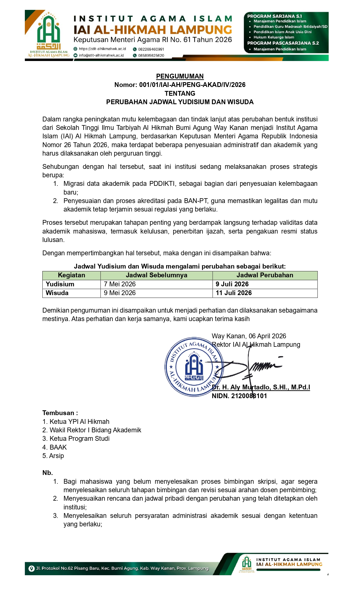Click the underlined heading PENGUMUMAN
point(180,76)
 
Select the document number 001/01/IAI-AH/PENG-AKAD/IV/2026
point(192,85)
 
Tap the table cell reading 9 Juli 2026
point(232,284)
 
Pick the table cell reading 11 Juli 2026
point(234,293)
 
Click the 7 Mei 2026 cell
point(120,284)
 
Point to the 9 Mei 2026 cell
point(120,293)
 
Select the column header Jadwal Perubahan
point(265,275)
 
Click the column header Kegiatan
point(71,275)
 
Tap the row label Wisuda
point(57,293)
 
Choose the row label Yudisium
point(60,284)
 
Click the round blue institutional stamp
point(192,367)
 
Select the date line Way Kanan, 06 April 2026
point(249,336)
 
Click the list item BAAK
point(58,447)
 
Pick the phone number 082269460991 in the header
point(151,49)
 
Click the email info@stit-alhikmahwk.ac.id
point(101,55)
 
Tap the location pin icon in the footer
point(32,568)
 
